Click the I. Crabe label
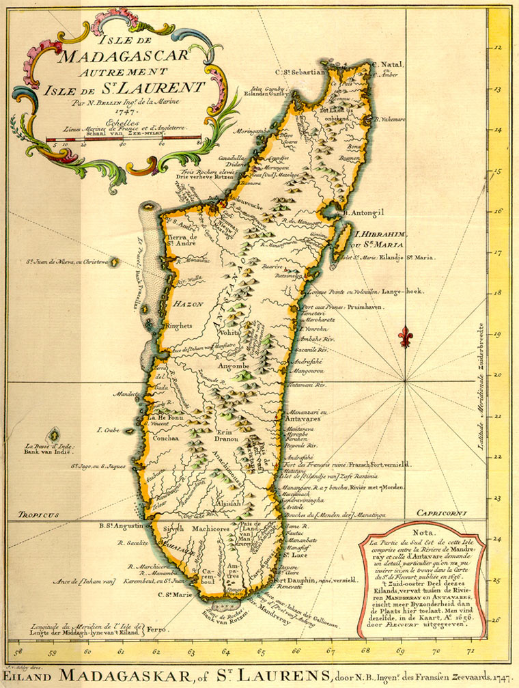coord(109,430)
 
